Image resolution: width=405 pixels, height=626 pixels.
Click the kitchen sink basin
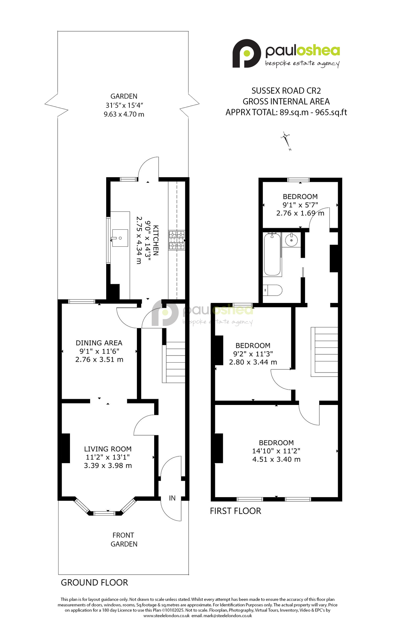(x=120, y=238)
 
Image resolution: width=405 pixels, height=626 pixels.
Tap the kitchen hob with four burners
(x=176, y=240)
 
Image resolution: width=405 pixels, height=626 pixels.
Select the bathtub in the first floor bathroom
(x=272, y=254)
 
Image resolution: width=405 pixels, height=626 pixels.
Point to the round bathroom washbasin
(x=291, y=240)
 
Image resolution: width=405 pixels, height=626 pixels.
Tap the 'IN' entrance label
(x=172, y=498)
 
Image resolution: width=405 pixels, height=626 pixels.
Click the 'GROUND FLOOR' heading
(x=94, y=583)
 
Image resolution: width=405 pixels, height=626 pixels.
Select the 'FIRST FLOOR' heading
(x=236, y=511)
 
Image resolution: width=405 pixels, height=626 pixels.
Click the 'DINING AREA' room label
(x=99, y=343)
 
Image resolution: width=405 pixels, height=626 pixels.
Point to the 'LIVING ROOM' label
(x=108, y=449)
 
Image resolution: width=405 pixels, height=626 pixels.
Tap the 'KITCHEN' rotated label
(x=156, y=240)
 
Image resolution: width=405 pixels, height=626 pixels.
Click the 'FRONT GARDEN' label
(x=124, y=539)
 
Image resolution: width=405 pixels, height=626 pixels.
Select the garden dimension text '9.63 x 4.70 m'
(x=124, y=114)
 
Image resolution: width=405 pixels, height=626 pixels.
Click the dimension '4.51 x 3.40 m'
(x=276, y=459)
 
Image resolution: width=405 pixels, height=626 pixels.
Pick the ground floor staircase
(x=174, y=362)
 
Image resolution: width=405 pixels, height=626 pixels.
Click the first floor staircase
(x=324, y=351)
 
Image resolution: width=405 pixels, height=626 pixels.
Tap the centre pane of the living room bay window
(x=105, y=513)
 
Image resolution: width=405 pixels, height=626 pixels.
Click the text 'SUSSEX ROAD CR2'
(x=286, y=91)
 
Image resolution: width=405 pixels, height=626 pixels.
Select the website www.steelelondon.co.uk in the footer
(x=166, y=616)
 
